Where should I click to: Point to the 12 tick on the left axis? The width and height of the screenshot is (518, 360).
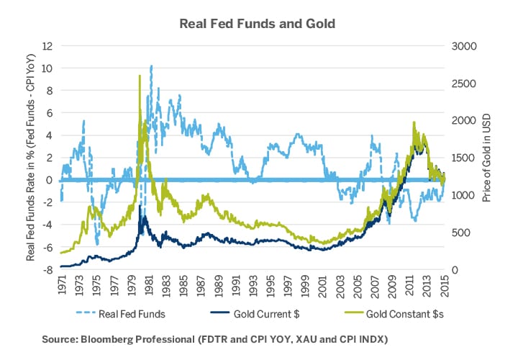click(x=47, y=45)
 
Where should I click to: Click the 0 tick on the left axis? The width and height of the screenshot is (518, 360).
click(x=50, y=180)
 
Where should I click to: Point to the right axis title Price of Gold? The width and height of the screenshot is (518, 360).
click(x=486, y=158)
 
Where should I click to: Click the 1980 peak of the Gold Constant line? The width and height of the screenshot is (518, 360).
click(x=140, y=76)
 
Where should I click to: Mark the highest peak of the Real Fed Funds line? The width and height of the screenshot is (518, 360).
click(x=151, y=66)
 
